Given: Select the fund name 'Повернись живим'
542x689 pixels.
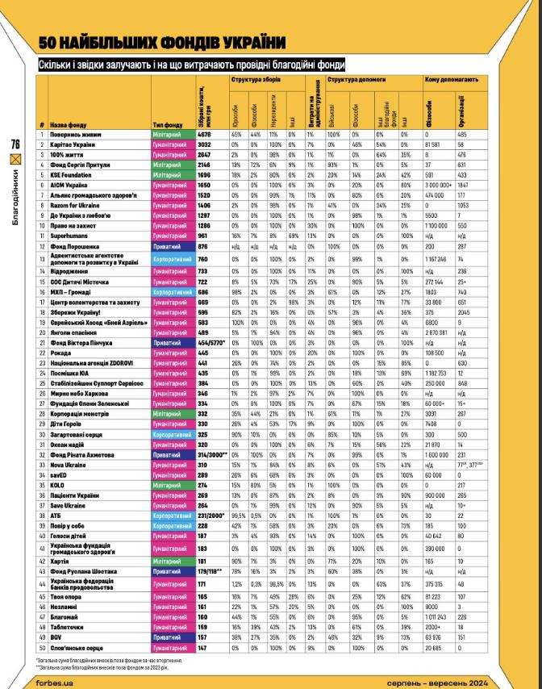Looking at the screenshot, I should click(x=75, y=134).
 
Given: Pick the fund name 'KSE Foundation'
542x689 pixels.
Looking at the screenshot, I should click(x=71, y=173).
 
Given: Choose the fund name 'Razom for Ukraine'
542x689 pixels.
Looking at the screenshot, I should click(x=75, y=206).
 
